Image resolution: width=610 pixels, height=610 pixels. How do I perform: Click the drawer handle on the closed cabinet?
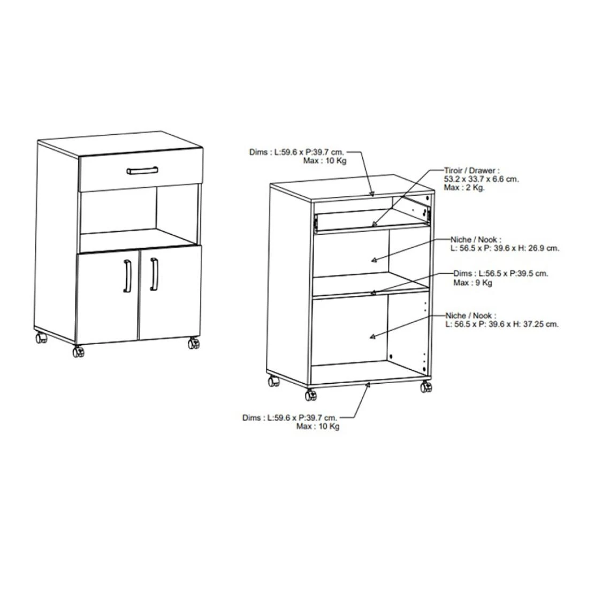(x=142, y=170)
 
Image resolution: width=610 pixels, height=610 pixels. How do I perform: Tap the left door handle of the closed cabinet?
(x=127, y=276)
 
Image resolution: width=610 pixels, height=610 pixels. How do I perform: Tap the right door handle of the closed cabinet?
(x=154, y=274)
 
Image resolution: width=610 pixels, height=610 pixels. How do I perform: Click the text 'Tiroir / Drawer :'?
(x=472, y=170)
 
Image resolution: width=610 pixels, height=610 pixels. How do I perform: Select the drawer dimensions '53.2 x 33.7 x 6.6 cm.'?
(x=481, y=179)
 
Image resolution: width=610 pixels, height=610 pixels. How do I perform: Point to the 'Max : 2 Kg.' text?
(x=464, y=187)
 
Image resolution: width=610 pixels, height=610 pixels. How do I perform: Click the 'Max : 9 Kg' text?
(x=472, y=283)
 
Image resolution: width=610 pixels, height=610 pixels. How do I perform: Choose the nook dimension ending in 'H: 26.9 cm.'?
(x=505, y=248)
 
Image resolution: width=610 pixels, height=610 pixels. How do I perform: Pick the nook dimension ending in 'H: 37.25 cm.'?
(x=502, y=324)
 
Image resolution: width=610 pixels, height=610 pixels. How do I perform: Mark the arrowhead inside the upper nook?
(x=374, y=260)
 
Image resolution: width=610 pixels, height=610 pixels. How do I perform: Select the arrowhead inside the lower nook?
(x=373, y=337)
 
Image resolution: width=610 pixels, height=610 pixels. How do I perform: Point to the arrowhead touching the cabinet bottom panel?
(x=368, y=385)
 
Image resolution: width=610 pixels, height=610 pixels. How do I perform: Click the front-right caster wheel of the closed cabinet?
(x=193, y=344)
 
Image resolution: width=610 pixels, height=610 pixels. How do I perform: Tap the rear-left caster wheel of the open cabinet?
(x=273, y=381)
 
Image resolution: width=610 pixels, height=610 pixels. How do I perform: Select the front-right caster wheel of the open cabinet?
(x=426, y=387)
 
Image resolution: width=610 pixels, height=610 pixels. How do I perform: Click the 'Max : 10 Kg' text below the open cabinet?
(x=318, y=426)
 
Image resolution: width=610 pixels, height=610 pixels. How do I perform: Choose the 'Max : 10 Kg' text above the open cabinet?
(x=325, y=161)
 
